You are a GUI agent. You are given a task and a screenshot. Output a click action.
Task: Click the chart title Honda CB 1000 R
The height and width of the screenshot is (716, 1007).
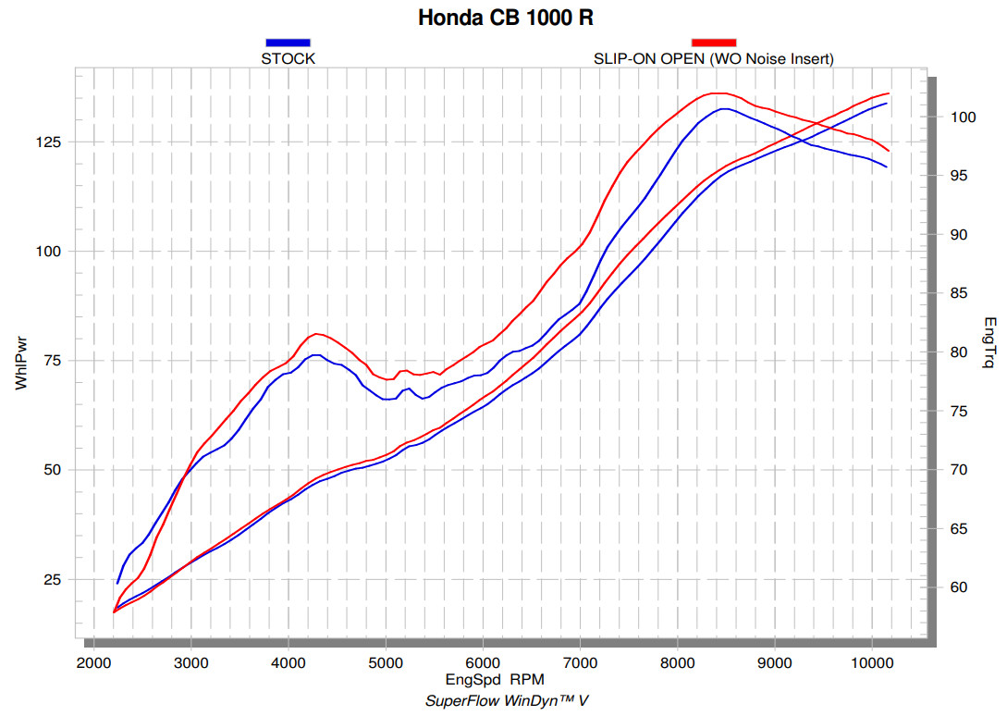[504, 18]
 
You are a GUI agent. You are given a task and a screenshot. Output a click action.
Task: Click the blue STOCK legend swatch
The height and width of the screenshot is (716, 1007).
[288, 42]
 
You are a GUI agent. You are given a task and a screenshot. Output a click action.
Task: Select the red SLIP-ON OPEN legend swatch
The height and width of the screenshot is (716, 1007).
[714, 42]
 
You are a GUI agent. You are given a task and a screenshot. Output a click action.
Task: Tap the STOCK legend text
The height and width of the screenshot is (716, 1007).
[289, 58]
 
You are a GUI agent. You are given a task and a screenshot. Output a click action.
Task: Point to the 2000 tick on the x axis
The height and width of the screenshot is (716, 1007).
[92, 662]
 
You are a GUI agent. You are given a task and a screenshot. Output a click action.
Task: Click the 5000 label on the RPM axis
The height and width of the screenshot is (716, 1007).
[386, 662]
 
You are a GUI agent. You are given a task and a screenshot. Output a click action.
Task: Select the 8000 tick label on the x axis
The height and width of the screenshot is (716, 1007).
[677, 662]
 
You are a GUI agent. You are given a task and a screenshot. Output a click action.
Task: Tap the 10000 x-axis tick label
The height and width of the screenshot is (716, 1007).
[872, 662]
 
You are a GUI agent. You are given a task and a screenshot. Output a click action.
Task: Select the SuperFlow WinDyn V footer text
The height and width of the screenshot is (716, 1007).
[507, 700]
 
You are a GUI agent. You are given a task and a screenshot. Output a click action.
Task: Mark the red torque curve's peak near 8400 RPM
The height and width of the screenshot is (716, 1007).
[714, 93]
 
